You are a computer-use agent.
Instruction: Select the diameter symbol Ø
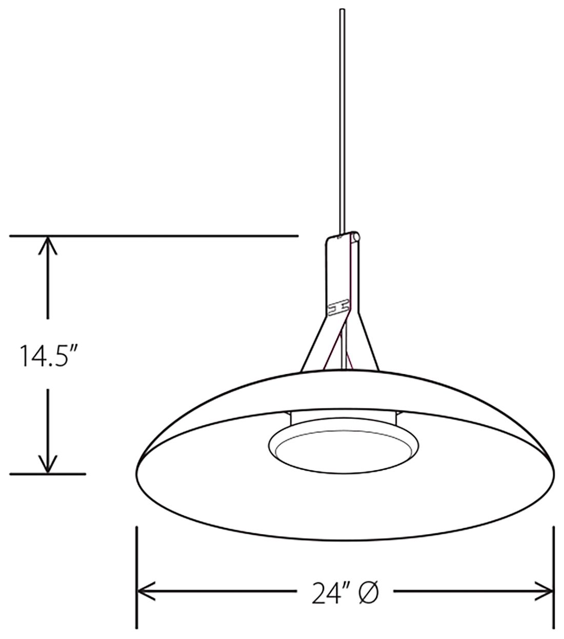(x=369, y=593)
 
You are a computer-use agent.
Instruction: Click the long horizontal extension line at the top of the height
(x=154, y=236)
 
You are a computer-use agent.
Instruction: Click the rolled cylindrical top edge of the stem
(x=354, y=237)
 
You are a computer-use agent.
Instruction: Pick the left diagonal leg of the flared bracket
(x=313, y=344)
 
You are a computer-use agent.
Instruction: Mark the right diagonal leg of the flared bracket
(x=368, y=344)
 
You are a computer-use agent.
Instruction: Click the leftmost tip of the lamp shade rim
(x=137, y=464)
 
